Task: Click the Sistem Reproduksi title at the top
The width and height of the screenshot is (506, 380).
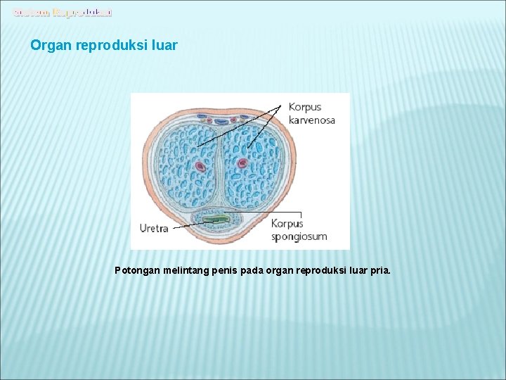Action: tap(63, 12)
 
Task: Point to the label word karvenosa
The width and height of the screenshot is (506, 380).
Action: tap(311, 120)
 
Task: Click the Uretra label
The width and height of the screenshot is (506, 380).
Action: tap(155, 228)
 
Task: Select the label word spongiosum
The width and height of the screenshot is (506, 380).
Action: tap(299, 236)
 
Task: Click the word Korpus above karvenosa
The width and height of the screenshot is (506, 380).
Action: tap(305, 108)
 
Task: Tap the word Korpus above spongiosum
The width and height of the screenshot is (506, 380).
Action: tap(287, 224)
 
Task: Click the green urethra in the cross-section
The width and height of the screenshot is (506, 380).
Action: tap(216, 220)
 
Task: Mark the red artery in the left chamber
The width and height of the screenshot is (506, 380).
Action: tap(199, 167)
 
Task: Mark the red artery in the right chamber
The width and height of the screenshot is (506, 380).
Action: tap(242, 163)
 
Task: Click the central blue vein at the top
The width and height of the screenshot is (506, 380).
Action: tap(221, 121)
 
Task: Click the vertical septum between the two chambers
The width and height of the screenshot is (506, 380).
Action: tap(220, 169)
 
